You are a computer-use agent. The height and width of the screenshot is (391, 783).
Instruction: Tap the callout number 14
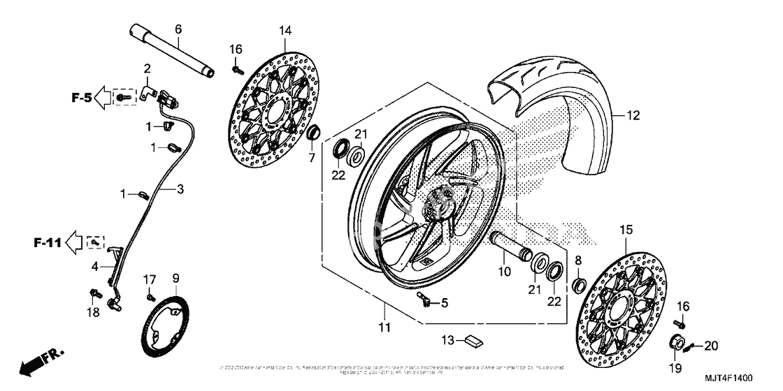coord(285,30)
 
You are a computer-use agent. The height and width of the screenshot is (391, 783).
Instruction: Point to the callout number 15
coord(626,229)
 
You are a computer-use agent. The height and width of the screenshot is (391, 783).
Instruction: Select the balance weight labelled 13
coord(473,341)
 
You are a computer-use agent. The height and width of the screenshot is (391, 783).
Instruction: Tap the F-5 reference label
coord(81,98)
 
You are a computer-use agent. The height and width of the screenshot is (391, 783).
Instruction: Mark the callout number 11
coord(385,327)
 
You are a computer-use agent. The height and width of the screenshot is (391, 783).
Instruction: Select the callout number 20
coord(711,345)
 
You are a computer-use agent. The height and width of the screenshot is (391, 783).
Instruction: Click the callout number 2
coord(148,68)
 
